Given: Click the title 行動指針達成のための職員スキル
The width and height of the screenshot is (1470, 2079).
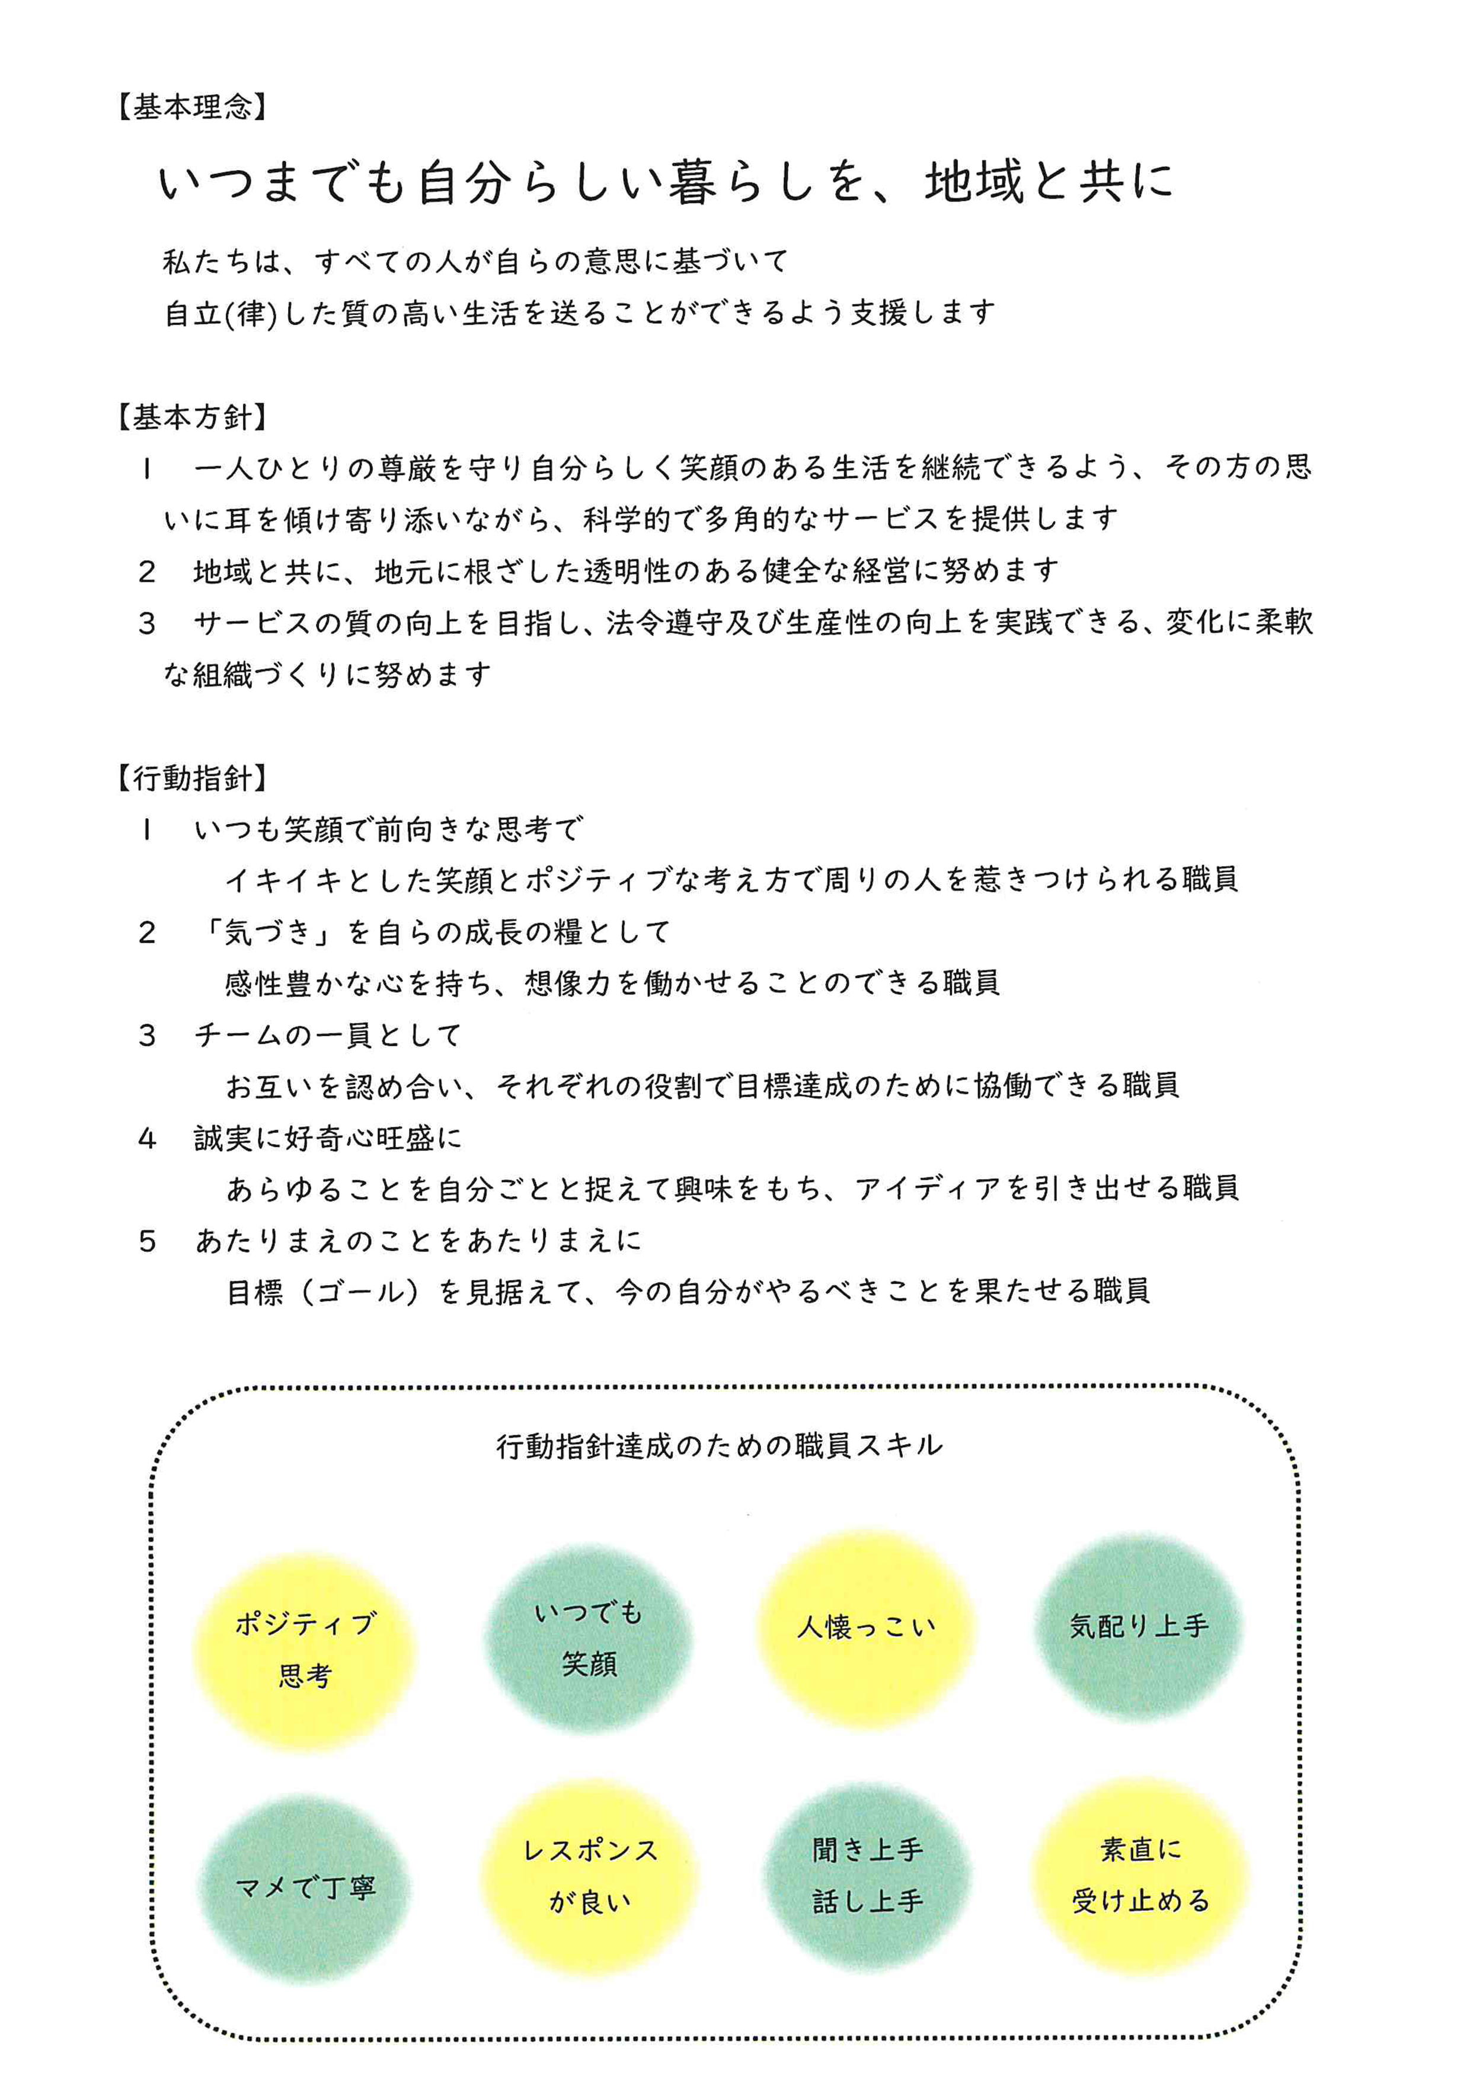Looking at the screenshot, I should pyautogui.click(x=720, y=1446).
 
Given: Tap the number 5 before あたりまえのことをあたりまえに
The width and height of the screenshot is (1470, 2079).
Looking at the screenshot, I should pyautogui.click(x=148, y=1241).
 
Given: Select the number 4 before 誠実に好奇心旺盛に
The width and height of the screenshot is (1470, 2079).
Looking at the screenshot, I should pyautogui.click(x=148, y=1138).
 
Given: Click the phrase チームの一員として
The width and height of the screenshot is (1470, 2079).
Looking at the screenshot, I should pyautogui.click(x=328, y=1035).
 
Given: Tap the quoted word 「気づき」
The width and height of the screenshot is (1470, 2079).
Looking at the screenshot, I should pyautogui.click(x=265, y=932).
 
